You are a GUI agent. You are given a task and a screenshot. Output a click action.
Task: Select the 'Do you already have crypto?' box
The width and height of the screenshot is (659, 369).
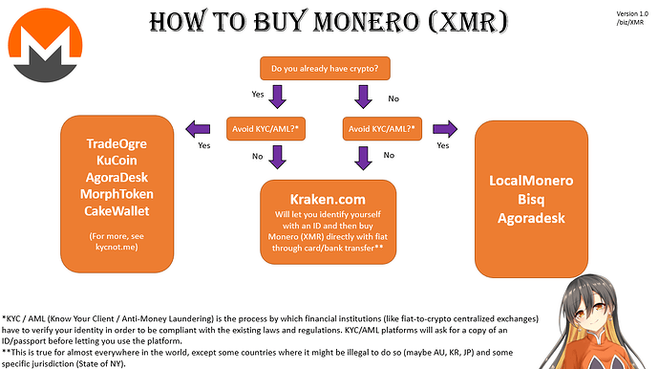pyautogui.click(x=324, y=69)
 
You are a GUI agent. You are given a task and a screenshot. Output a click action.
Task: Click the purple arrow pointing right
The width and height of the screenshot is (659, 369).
pyautogui.click(x=443, y=129)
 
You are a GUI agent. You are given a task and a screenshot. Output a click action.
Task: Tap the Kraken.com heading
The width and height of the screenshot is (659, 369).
pyautogui.click(x=328, y=196)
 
